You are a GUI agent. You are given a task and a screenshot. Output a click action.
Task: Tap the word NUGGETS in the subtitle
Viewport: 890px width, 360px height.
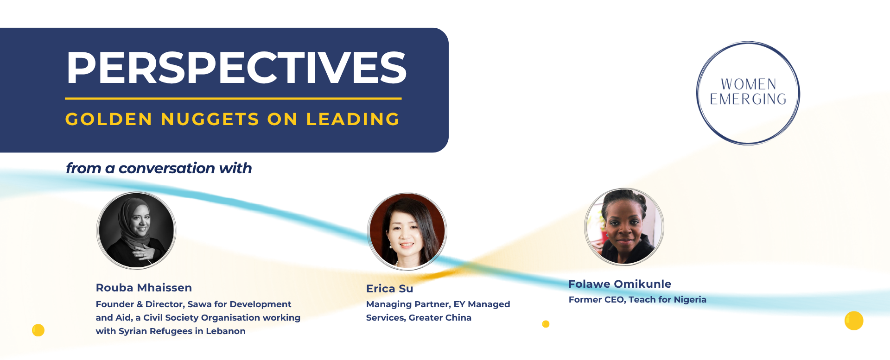[210, 119]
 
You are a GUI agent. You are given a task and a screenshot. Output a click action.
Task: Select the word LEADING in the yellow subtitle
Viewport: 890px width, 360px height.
[353, 119]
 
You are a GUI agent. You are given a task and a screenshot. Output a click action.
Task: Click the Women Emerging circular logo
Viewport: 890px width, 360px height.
[748, 93]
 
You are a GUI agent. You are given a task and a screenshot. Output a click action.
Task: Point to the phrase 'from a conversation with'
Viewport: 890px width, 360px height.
[159, 168]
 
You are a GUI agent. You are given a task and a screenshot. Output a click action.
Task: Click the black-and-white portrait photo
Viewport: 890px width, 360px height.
[136, 230]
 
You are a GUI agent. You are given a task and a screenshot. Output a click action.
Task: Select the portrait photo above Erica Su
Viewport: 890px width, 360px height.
[407, 232]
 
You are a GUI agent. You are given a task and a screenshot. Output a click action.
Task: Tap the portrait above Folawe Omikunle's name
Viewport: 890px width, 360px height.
[624, 227]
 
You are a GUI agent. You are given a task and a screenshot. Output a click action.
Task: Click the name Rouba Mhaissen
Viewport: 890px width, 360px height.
[144, 288]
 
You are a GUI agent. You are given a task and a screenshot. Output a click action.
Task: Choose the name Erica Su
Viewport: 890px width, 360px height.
[389, 289]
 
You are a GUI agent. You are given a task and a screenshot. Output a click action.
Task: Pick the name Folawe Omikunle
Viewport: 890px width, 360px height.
[620, 284]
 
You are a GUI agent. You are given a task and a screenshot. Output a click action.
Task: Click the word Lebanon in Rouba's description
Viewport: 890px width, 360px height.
[226, 331]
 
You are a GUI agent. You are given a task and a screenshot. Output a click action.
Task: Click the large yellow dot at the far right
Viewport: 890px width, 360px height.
[854, 321]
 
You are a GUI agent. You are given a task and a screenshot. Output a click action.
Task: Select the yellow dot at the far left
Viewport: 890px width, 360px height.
[38, 330]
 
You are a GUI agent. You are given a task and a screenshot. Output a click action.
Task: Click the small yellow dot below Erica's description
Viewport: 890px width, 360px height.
[546, 324]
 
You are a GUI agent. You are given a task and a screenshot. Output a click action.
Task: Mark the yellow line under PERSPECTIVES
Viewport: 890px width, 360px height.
[233, 99]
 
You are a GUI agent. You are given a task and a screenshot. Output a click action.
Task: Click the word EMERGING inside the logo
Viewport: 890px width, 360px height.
[748, 99]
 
